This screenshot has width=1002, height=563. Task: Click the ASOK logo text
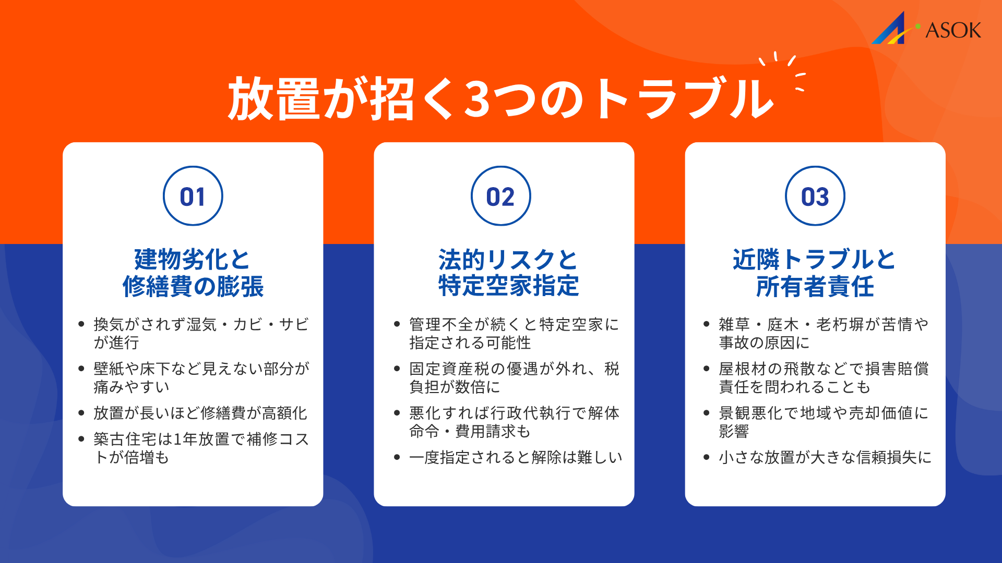coord(953,30)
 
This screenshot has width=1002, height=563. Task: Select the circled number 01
coord(193,197)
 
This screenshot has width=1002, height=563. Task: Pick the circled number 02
coord(500,197)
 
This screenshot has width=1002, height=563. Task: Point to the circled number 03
coord(815,197)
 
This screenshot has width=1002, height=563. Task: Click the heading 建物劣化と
coord(193,259)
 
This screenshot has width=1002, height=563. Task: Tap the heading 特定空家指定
coord(508,286)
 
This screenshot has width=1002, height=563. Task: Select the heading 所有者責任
coord(815,286)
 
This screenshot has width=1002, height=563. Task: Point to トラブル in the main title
coord(684,99)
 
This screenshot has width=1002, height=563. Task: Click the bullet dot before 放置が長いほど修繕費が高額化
coord(81,413)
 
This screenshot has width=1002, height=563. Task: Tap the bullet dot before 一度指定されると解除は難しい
coord(397,457)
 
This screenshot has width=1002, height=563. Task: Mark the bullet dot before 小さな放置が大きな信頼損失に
coord(707,457)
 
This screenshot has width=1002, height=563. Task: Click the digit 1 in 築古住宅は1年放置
coord(177,439)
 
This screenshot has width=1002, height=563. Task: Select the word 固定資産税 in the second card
coord(449,369)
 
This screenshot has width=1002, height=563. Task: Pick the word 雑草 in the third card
coord(734,324)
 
